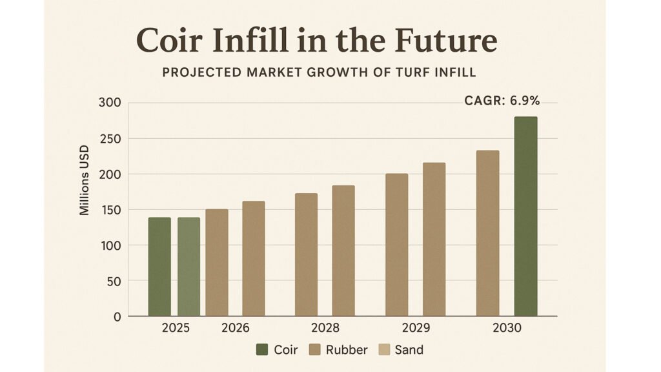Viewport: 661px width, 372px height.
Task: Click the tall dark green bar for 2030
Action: (525, 216)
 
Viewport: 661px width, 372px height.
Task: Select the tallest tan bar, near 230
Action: (487, 233)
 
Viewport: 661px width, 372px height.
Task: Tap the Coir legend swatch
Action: (262, 350)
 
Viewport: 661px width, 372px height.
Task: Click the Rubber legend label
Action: (347, 350)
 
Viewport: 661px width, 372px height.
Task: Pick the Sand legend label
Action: (409, 350)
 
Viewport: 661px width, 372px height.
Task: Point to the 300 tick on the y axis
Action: (110, 103)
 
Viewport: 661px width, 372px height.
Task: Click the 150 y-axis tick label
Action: (110, 210)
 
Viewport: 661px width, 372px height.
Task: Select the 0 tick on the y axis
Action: (117, 316)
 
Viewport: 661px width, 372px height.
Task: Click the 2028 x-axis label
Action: (324, 328)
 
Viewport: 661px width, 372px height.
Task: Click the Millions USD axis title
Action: (85, 183)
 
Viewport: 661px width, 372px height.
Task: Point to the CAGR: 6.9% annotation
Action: (502, 100)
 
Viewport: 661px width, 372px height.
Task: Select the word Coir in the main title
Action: (170, 42)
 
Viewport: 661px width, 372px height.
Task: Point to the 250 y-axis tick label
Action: (110, 138)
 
